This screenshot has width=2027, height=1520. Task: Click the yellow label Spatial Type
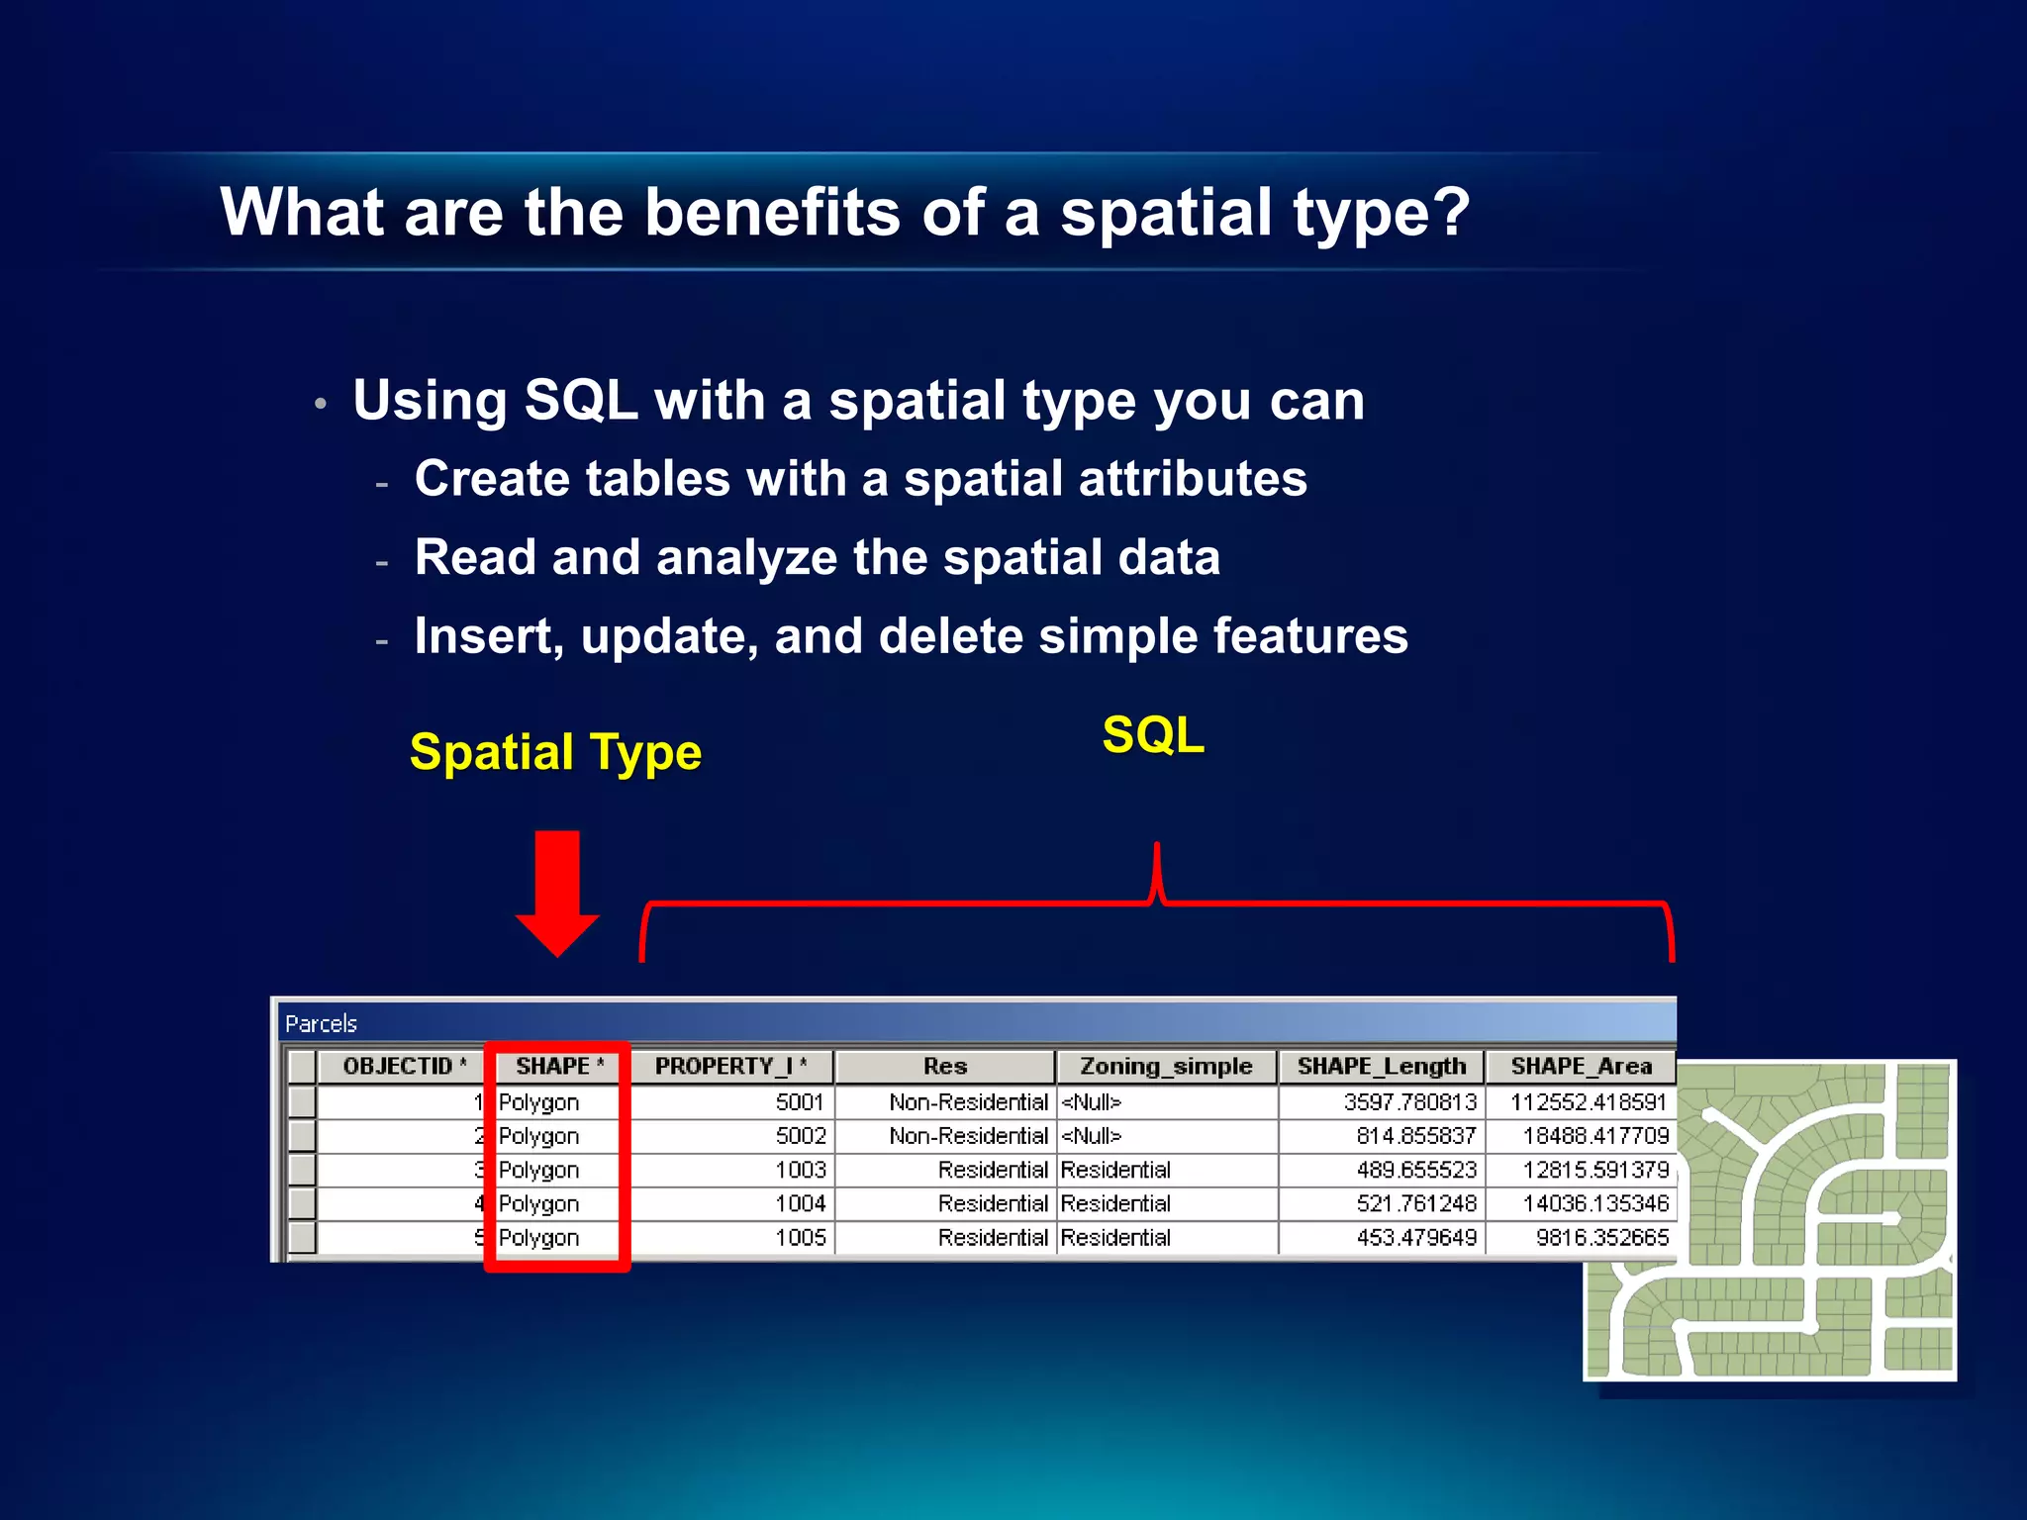click(555, 752)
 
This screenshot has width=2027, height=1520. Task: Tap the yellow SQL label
click(1153, 735)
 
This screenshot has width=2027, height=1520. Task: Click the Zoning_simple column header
click(1165, 1066)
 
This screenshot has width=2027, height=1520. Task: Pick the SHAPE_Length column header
click(1381, 1066)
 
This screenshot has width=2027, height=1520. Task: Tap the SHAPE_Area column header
click(1581, 1066)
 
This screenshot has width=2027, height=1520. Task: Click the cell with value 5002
click(800, 1136)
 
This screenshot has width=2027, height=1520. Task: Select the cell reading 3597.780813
click(1409, 1102)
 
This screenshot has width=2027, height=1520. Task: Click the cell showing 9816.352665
click(1601, 1238)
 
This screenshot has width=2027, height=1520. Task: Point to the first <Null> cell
click(1091, 1102)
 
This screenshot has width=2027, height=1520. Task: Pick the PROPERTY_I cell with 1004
click(800, 1204)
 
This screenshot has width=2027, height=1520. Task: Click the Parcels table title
click(321, 1024)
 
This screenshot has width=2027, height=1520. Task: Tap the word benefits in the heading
click(772, 213)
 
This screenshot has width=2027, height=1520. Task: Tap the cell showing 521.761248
click(1415, 1204)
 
